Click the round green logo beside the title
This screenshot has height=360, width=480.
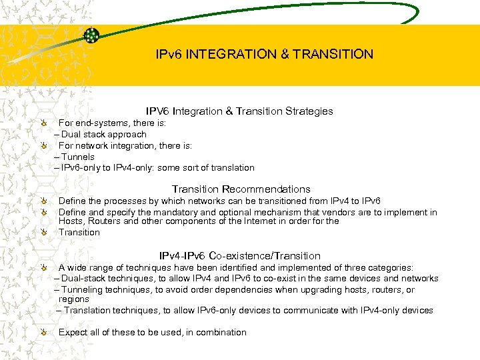point(92,35)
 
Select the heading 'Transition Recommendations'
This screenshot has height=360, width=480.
point(241,189)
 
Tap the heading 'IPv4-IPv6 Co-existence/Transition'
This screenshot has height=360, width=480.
point(239,256)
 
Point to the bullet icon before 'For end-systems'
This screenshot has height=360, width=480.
point(43,123)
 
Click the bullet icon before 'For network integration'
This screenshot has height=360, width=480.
point(43,145)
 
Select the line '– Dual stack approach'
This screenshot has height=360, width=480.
point(100,135)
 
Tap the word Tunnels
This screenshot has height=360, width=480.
point(78,157)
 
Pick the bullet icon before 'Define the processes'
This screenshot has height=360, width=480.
point(43,201)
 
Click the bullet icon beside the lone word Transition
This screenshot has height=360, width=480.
point(43,233)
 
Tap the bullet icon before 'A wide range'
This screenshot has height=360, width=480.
point(43,268)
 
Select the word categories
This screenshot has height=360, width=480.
point(391,268)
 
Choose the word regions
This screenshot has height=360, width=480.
point(74,299)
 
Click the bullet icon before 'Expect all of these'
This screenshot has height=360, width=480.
point(43,333)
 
